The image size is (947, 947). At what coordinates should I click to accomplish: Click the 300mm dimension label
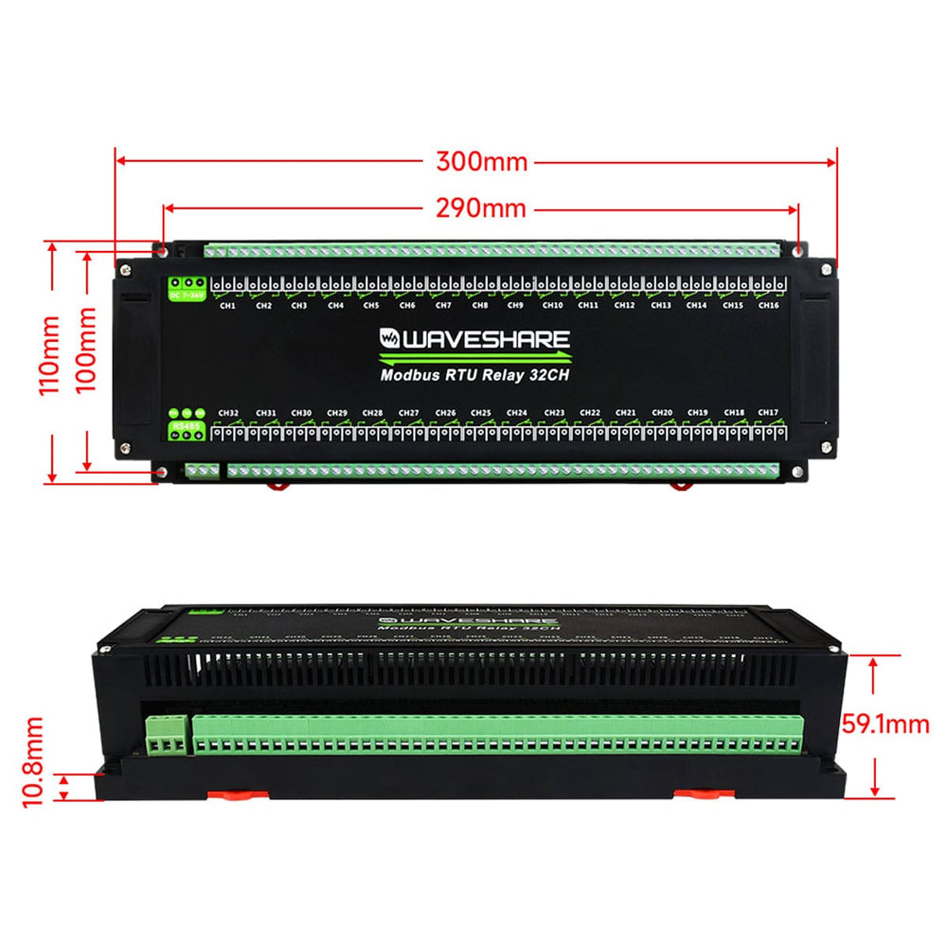click(481, 161)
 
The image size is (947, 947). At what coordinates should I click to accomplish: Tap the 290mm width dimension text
click(481, 207)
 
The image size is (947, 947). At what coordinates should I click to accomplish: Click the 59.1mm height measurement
click(885, 725)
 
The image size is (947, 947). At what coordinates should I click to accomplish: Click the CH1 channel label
click(227, 305)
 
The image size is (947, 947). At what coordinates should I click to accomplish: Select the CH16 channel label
click(768, 305)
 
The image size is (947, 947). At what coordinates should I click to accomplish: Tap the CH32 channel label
click(227, 413)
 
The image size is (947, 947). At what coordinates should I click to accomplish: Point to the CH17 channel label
click(768, 413)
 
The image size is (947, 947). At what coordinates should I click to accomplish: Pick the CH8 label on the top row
click(480, 305)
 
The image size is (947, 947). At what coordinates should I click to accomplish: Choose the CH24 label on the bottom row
click(516, 413)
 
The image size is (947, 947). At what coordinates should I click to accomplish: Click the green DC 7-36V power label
click(187, 295)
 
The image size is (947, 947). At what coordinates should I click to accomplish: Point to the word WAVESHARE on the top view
click(487, 339)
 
